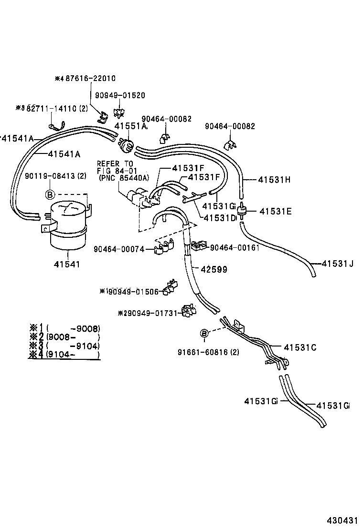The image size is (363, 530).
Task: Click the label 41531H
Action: [x=274, y=180]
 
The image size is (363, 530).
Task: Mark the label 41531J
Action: [x=337, y=264]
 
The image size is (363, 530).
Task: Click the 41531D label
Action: [x=220, y=218]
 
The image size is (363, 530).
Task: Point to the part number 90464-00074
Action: [x=119, y=249]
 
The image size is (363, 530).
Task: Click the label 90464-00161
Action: [x=235, y=247]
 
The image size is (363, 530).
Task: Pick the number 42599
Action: [x=214, y=269]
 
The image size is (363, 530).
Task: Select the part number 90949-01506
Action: [x=132, y=291]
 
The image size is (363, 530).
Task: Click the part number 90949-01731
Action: [x=151, y=313]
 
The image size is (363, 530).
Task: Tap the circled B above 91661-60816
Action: [x=204, y=333]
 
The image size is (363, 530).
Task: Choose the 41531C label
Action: [x=300, y=347]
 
